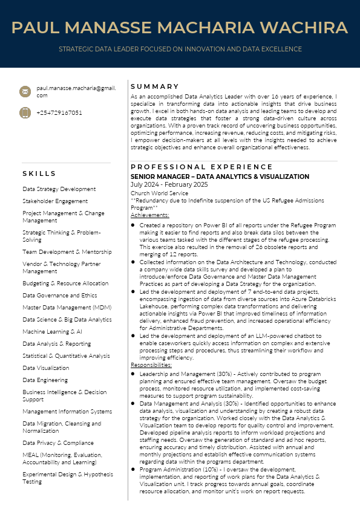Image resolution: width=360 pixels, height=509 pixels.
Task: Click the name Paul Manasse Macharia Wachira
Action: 180,27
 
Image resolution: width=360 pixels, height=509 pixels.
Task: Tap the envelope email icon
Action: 25,91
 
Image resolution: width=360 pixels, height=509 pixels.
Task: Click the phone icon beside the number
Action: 25,112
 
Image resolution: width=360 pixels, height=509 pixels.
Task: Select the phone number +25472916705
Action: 59,113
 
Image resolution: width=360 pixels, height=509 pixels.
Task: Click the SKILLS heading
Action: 39,174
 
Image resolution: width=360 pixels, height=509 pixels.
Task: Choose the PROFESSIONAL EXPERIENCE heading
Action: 201,167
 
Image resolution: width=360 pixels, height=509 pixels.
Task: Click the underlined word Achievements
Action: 150,215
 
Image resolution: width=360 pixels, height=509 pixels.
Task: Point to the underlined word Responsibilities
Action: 151,365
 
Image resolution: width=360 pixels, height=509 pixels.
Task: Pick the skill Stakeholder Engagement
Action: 55,201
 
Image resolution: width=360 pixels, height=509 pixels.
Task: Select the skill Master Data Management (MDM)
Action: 67,308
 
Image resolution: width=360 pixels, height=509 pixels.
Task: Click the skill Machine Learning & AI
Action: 53,332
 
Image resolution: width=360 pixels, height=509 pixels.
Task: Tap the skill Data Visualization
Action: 46,368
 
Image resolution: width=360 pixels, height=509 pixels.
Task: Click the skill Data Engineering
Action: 45,380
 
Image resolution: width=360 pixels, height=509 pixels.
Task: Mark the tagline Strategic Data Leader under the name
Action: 180,49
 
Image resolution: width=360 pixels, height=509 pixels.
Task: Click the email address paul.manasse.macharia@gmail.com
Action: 76,91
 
